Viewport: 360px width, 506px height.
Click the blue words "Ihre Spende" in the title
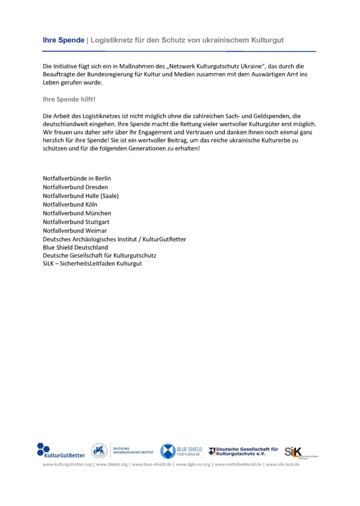(63, 40)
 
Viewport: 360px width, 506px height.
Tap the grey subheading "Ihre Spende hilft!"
(69, 99)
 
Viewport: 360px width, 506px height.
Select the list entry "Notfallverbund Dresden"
(75, 187)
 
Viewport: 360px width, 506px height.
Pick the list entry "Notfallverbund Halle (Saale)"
(81, 196)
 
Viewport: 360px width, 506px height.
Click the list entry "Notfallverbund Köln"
(70, 204)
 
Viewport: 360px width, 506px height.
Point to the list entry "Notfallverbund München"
(77, 213)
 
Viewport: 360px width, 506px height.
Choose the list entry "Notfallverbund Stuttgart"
(76, 222)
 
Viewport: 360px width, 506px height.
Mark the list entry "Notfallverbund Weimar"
(75, 230)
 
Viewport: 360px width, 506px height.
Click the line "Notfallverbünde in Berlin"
(80, 178)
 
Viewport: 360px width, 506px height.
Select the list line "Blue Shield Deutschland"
(75, 247)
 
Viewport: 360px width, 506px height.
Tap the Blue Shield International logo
(181, 451)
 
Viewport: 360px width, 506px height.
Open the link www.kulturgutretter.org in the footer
(67, 464)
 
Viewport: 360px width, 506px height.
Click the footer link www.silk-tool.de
(283, 464)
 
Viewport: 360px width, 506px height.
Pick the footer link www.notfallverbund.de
(238, 464)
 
